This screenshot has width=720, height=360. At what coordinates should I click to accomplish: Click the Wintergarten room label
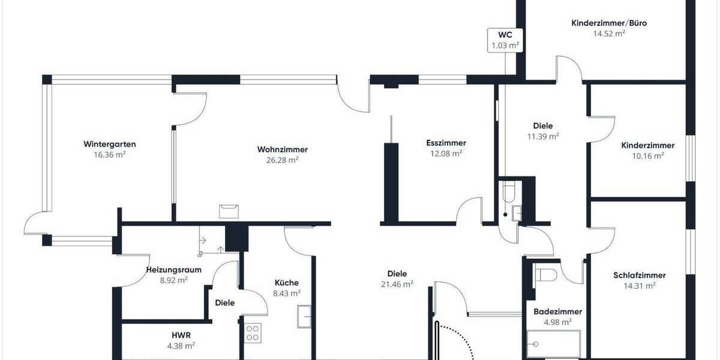(109, 144)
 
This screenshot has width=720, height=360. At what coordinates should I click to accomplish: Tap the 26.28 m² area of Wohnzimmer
(282, 160)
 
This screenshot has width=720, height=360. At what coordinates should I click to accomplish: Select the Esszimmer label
(446, 143)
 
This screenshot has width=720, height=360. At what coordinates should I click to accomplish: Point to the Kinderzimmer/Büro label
(609, 23)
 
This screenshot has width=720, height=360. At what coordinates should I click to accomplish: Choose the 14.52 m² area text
(609, 34)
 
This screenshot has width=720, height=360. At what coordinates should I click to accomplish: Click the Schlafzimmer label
(639, 275)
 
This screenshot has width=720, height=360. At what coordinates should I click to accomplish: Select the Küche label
(287, 283)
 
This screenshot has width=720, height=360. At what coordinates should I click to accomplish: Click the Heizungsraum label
(174, 269)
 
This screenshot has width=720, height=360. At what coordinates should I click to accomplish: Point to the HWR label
(181, 335)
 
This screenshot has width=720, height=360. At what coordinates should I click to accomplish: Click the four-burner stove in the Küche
(252, 333)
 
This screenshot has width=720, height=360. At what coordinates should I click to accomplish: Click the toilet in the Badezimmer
(547, 275)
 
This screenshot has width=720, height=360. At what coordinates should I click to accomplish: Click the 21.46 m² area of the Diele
(396, 284)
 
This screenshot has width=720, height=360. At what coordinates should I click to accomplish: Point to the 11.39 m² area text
(542, 136)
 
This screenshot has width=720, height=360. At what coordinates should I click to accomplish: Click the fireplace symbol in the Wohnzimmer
(229, 210)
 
